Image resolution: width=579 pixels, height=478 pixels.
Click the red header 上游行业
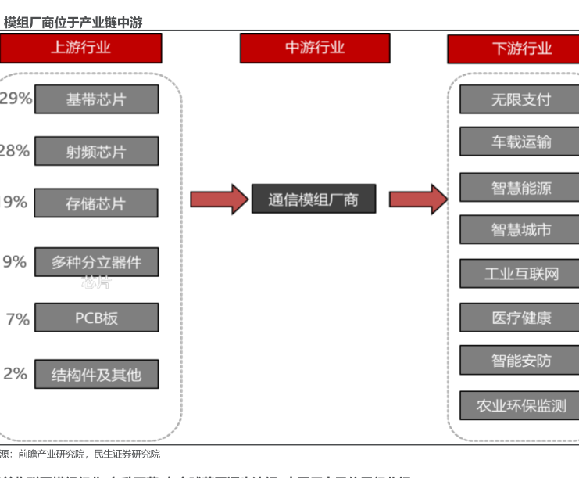pos(80,48)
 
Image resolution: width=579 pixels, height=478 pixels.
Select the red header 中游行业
pos(314,48)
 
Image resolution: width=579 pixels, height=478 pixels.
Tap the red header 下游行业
pos(521,49)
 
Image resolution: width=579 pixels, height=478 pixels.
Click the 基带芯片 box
pos(96,99)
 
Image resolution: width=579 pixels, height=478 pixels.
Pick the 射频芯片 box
pos(96,151)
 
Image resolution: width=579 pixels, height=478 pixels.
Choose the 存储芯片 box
pos(96,203)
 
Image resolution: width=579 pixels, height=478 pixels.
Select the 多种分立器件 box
pos(96,262)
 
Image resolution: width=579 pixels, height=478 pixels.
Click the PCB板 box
pos(96,318)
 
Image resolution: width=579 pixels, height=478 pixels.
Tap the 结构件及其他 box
pos(96,374)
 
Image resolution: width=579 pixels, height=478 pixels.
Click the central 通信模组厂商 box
pos(313,199)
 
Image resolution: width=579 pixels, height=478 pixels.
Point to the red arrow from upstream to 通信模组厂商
pos(218,199)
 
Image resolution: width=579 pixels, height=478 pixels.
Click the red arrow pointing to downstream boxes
pos(417,199)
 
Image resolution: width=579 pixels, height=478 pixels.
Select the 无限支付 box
pos(521,99)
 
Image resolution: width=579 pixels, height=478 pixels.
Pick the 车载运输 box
pos(521,142)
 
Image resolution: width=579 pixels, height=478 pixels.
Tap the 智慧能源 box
pos(521,188)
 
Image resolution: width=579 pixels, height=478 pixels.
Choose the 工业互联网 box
pos(521,274)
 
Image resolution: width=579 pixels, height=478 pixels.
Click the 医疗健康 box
pos(521,318)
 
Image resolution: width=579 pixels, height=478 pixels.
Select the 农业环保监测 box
pos(521,406)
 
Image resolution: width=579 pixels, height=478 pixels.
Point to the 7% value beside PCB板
pos(17,319)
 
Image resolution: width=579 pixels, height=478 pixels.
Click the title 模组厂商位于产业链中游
pos(73,23)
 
